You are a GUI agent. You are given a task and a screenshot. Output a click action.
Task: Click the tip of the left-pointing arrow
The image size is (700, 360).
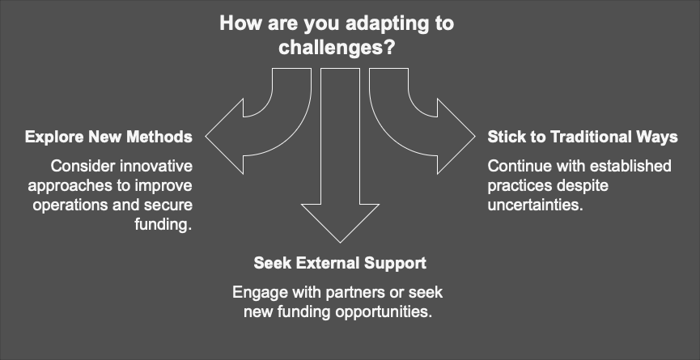(x=207, y=136)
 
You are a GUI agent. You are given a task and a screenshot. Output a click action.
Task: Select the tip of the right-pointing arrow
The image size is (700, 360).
(x=475, y=136)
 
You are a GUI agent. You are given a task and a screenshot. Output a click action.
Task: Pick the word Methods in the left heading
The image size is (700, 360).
(x=159, y=137)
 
